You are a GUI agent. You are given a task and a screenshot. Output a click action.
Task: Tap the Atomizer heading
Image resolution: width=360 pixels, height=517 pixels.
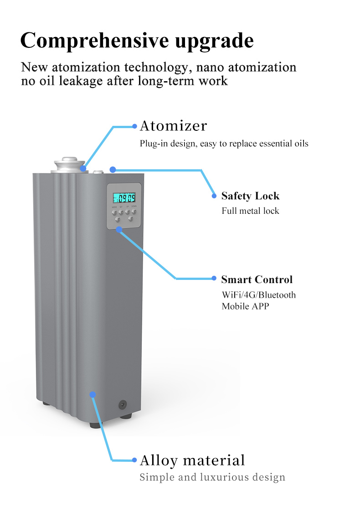point(173,126)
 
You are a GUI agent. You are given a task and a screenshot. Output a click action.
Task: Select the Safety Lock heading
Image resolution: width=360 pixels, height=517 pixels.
point(250,196)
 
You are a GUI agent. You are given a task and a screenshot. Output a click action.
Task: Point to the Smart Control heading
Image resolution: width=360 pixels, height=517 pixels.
point(257,279)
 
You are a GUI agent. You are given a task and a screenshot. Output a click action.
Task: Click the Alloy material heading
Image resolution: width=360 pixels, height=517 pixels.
point(192,460)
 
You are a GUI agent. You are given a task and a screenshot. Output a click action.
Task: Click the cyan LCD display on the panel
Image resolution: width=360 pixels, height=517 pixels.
point(124,198)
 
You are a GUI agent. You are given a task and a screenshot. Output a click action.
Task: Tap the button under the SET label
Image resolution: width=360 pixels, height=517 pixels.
point(121,212)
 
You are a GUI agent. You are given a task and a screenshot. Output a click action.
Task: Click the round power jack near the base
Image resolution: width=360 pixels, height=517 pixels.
point(122,404)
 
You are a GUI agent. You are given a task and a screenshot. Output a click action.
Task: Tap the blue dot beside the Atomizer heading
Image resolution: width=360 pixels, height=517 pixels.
point(134,126)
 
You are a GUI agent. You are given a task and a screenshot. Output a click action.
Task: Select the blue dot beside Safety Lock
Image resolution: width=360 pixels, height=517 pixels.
point(214,196)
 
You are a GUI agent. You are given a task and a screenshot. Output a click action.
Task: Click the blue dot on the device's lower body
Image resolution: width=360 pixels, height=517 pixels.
point(93,394)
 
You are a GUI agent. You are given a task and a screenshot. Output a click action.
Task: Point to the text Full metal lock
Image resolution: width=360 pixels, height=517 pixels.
point(250,211)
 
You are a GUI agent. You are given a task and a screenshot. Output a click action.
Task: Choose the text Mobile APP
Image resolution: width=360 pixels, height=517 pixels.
point(245,306)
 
